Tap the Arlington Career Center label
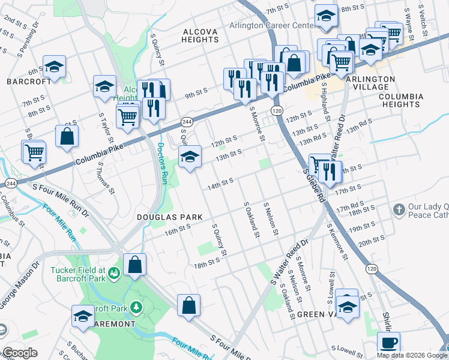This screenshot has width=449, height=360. [x=272, y=26]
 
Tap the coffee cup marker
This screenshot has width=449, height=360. [x=388, y=342]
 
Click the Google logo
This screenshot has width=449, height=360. [x=20, y=353]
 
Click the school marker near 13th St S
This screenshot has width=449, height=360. [x=190, y=157]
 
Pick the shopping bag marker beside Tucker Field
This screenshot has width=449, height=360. [x=135, y=264]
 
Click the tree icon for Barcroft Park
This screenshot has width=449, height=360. [x=137, y=308]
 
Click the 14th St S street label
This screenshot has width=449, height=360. [x=220, y=182]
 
